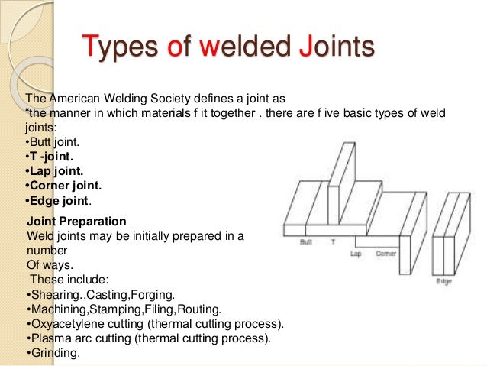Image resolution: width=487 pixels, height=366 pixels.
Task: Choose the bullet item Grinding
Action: pos(53,353)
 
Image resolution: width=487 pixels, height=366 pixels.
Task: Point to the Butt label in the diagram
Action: pos(306,241)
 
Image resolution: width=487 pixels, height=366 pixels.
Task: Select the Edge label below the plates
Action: pos(443,281)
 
